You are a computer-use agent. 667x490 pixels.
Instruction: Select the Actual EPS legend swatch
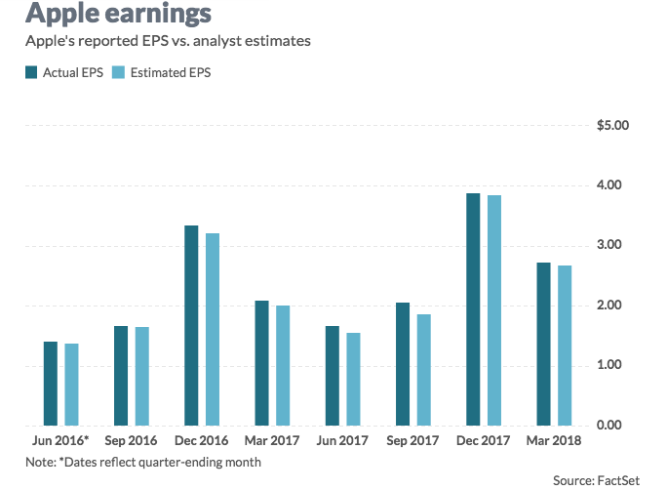[31, 72]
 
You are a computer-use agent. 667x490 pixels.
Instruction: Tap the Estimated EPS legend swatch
[119, 72]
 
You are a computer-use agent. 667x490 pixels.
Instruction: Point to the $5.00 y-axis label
[614, 126]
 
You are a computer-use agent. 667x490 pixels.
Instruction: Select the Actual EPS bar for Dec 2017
[473, 309]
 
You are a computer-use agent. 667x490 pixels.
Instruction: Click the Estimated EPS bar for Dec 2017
[493, 310]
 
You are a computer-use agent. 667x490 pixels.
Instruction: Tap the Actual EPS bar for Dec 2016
[191, 326]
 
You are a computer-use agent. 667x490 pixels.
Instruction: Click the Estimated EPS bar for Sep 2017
[423, 370]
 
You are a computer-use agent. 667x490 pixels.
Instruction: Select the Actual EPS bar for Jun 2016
[51, 384]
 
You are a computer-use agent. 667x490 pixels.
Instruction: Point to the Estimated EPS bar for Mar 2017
[283, 365]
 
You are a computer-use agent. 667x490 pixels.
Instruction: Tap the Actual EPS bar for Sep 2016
[121, 376]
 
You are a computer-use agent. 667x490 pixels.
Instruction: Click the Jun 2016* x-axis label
[59, 441]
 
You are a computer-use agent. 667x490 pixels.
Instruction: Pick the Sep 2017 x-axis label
[412, 441]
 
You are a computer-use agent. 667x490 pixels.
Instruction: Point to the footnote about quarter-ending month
[143, 462]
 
